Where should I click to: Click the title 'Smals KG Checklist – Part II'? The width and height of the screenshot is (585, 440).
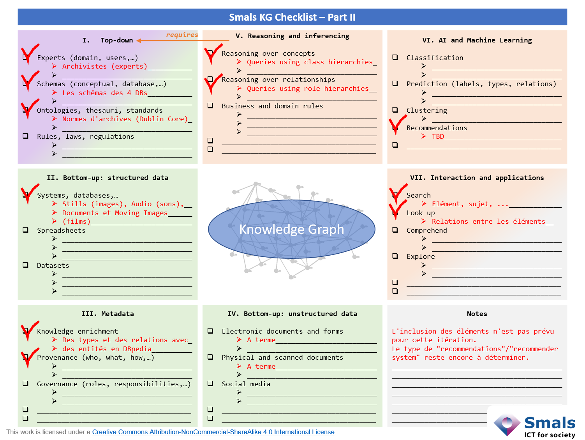pyautogui.click(x=292, y=17)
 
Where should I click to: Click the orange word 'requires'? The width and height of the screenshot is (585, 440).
pyautogui.click(x=182, y=35)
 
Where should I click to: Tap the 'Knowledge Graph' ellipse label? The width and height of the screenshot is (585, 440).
pyautogui.click(x=292, y=229)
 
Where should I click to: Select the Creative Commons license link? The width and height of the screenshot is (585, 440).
pyautogui.click(x=213, y=432)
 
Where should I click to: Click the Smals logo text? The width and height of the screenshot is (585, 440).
pyautogui.click(x=550, y=423)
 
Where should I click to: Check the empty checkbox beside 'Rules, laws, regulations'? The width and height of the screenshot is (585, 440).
pyautogui.click(x=26, y=136)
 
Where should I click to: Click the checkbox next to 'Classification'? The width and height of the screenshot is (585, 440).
pyautogui.click(x=395, y=57)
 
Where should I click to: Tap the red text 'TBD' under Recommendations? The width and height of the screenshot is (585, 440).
pyautogui.click(x=438, y=136)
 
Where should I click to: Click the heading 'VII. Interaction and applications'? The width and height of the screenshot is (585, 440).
pyautogui.click(x=477, y=178)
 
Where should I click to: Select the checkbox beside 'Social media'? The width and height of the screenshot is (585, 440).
pyautogui.click(x=210, y=383)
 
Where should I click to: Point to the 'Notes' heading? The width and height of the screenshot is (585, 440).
pyautogui.click(x=477, y=314)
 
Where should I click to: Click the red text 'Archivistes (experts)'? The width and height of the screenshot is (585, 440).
pyautogui.click(x=105, y=66)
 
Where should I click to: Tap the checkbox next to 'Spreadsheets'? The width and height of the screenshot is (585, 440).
pyautogui.click(x=26, y=230)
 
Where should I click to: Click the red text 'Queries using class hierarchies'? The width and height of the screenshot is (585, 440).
pyautogui.click(x=310, y=62)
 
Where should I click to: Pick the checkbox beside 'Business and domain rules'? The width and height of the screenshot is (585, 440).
pyautogui.click(x=210, y=106)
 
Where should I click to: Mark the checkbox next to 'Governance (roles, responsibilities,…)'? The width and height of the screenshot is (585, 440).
pyautogui.click(x=26, y=383)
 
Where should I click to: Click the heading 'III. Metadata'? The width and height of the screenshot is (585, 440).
pyautogui.click(x=107, y=314)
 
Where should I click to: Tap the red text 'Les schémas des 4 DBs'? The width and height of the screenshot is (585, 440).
pyautogui.click(x=105, y=93)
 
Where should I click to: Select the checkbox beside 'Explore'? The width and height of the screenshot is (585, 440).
pyautogui.click(x=395, y=256)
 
